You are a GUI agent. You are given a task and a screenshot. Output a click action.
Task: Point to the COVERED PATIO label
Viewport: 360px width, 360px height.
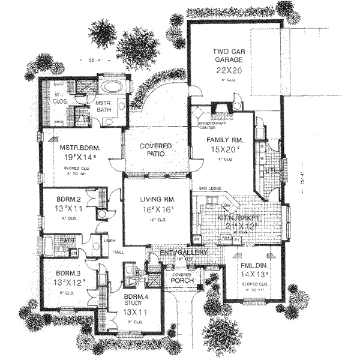pos(156,150)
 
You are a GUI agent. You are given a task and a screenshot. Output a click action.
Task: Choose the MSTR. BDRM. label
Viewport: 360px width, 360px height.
pos(79,146)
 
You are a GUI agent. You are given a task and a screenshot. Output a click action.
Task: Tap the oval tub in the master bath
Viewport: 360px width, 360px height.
pos(113,85)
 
